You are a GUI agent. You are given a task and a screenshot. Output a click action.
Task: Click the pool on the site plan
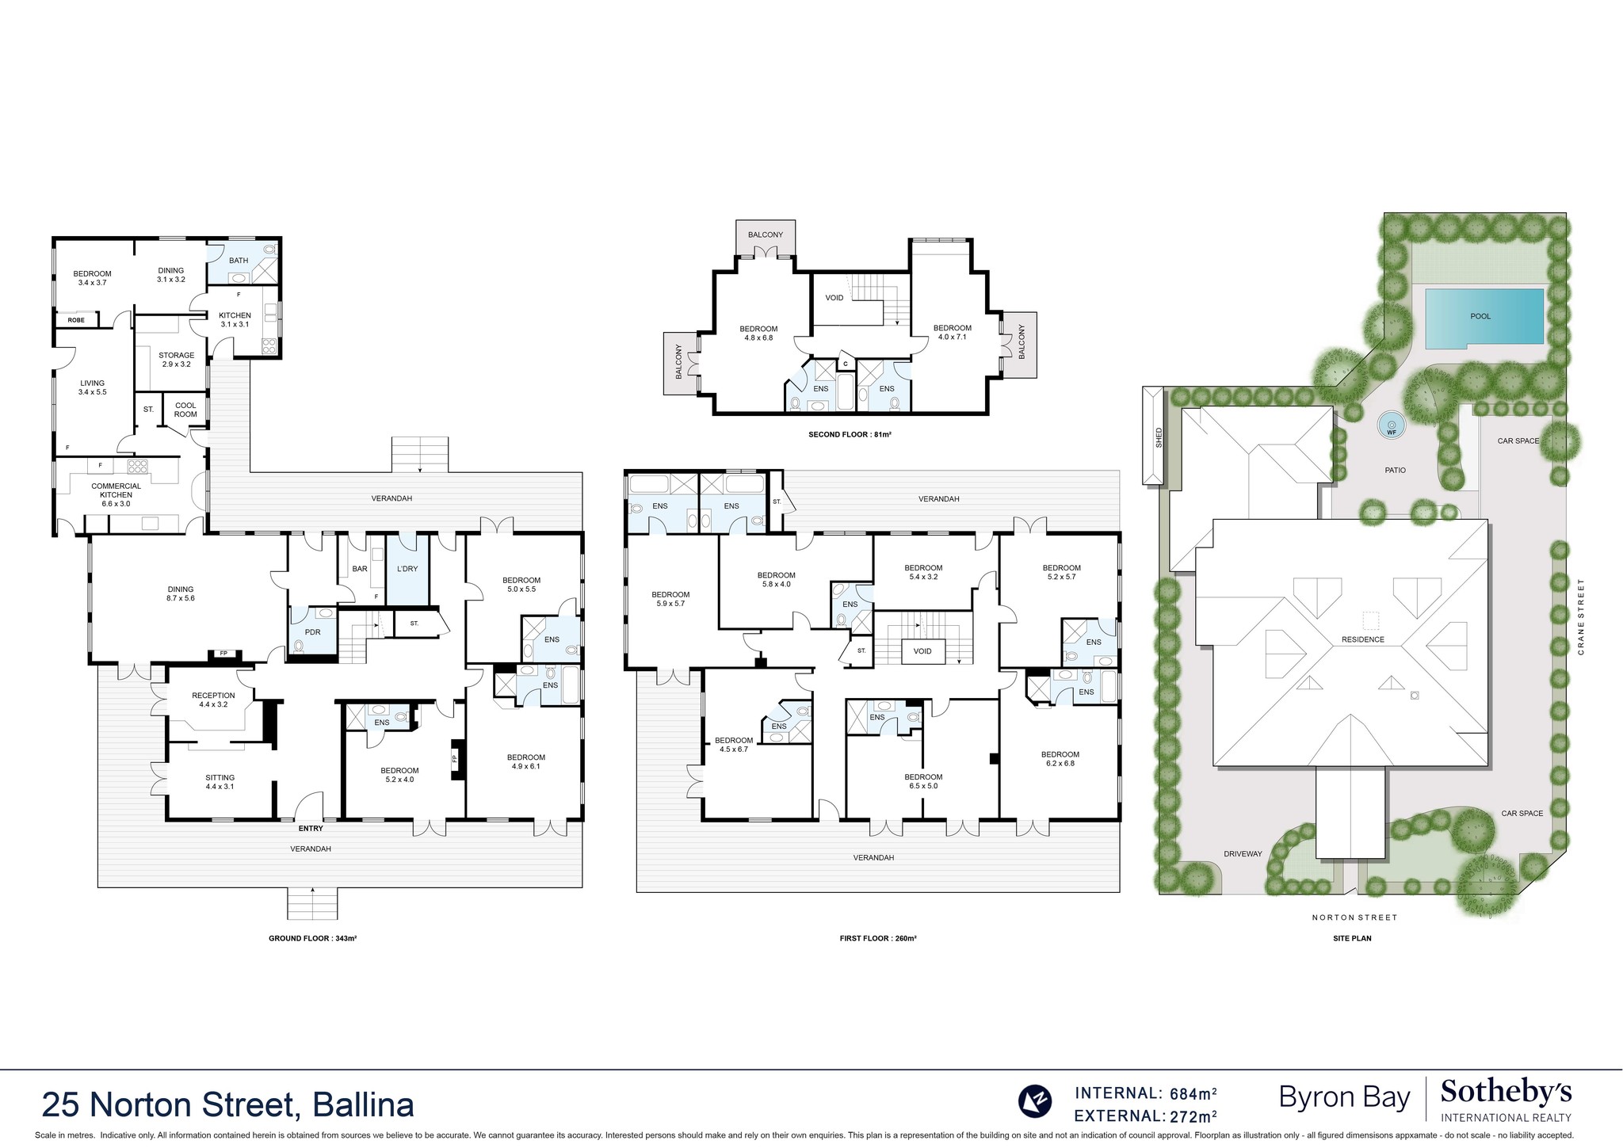[x=1483, y=317]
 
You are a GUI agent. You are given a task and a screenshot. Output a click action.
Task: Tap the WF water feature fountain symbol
[x=1392, y=425]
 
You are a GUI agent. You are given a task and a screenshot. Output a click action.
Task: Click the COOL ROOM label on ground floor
[x=185, y=410]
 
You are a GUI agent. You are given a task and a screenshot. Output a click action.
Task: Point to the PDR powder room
[x=312, y=632]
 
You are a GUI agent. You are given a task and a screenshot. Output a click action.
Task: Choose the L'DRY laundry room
[x=407, y=569]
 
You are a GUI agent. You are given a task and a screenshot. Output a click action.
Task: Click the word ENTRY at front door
[x=311, y=828]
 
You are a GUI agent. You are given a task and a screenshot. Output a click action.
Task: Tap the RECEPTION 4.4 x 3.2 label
[x=213, y=700]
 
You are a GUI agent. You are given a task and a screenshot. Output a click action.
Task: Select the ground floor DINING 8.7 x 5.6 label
[x=181, y=593]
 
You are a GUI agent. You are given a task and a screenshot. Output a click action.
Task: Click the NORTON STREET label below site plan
[x=1354, y=917]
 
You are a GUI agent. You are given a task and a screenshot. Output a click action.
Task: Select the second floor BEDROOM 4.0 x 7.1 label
[x=952, y=332]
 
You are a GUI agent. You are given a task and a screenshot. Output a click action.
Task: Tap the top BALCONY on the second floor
[x=765, y=235]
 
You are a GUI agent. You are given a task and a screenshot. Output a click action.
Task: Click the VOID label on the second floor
[x=834, y=298]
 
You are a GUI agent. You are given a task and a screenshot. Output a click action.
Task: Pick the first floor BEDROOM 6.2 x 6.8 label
[x=1060, y=758]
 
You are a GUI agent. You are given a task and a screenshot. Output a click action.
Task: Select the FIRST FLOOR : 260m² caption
[x=877, y=938]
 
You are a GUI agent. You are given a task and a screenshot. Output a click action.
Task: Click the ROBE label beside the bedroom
[x=76, y=320]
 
